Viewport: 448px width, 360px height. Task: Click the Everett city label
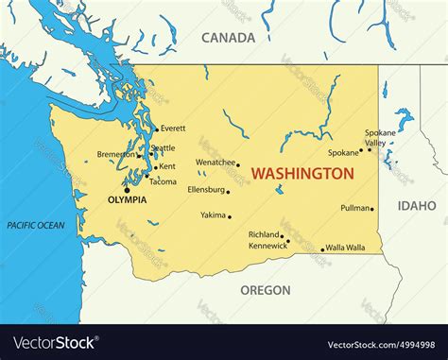click(x=174, y=129)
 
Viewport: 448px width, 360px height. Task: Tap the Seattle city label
click(x=164, y=148)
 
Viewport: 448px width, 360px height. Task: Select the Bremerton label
click(x=116, y=154)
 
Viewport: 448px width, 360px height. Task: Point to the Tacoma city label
click(x=163, y=181)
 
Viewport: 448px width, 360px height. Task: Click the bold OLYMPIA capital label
click(x=127, y=199)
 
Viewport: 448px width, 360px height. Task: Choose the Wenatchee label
click(x=215, y=163)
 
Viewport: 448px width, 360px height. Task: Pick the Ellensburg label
click(x=206, y=189)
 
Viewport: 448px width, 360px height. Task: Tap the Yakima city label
click(x=213, y=215)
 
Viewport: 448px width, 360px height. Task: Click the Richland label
click(x=263, y=234)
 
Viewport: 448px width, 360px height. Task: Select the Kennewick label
click(x=267, y=246)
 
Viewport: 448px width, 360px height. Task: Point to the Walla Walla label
click(x=347, y=248)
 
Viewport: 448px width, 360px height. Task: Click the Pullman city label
click(x=354, y=208)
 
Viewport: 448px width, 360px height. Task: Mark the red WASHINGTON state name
click(x=303, y=174)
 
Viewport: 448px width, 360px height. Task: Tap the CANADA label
click(x=228, y=38)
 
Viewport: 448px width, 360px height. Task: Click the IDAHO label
click(x=416, y=205)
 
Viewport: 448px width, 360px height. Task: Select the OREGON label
click(x=265, y=290)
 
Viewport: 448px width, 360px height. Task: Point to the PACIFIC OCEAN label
click(x=36, y=225)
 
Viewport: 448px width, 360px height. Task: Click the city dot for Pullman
click(x=372, y=210)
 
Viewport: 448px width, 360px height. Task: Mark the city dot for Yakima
click(x=230, y=216)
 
